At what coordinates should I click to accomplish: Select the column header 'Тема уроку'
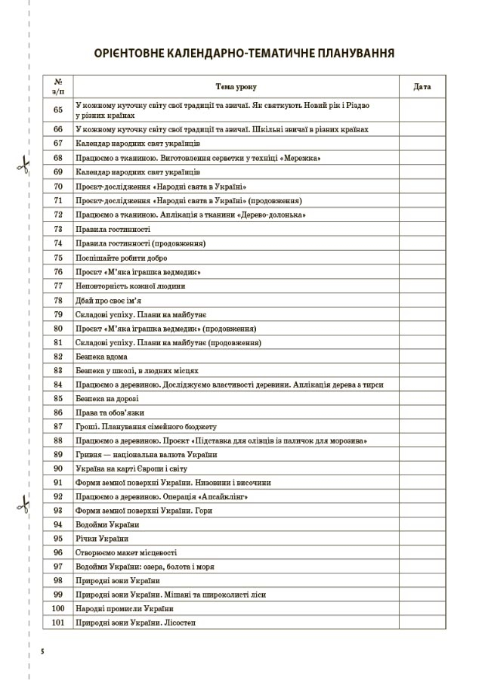[234, 87]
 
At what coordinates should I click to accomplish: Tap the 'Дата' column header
[422, 87]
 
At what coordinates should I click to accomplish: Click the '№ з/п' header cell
[58, 87]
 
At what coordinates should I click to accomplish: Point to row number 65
[58, 110]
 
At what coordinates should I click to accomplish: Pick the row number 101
[58, 623]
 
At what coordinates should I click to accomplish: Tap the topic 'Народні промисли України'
[125, 608]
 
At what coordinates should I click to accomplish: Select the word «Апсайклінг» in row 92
[224, 496]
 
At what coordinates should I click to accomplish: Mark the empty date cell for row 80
[422, 329]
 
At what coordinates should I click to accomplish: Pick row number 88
[58, 440]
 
